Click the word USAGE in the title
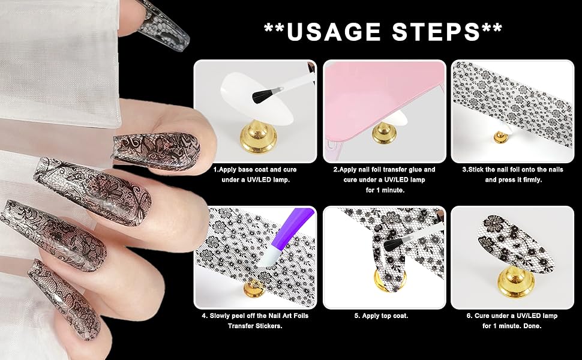(334, 32)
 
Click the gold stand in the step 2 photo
(384, 133)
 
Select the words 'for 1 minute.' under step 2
(385, 190)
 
